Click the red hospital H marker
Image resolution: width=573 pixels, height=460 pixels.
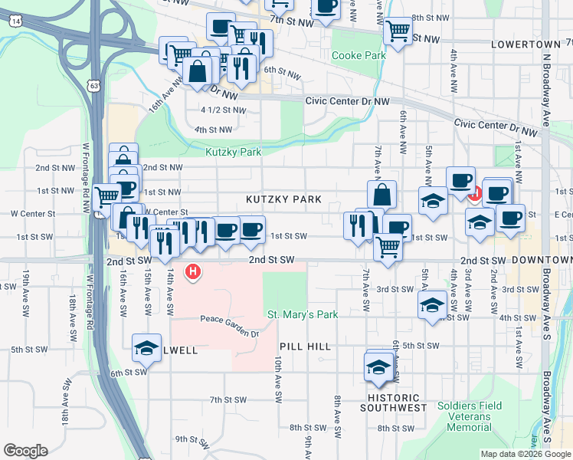point(194,271)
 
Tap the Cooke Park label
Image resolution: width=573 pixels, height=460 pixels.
point(359,56)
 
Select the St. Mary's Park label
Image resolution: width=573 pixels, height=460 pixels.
point(303,314)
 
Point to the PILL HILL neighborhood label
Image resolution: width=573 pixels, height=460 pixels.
point(305,347)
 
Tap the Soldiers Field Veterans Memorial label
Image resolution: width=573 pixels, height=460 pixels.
point(464,416)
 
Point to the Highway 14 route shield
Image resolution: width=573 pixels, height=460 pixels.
point(16,21)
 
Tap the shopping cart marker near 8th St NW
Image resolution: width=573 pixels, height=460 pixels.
point(398,31)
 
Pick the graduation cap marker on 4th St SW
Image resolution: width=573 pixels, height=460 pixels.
point(432,304)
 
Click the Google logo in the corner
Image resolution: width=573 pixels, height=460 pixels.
point(25,451)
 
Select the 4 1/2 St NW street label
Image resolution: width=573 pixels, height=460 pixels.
point(223,110)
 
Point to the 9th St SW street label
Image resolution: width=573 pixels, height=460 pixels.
point(192,439)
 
